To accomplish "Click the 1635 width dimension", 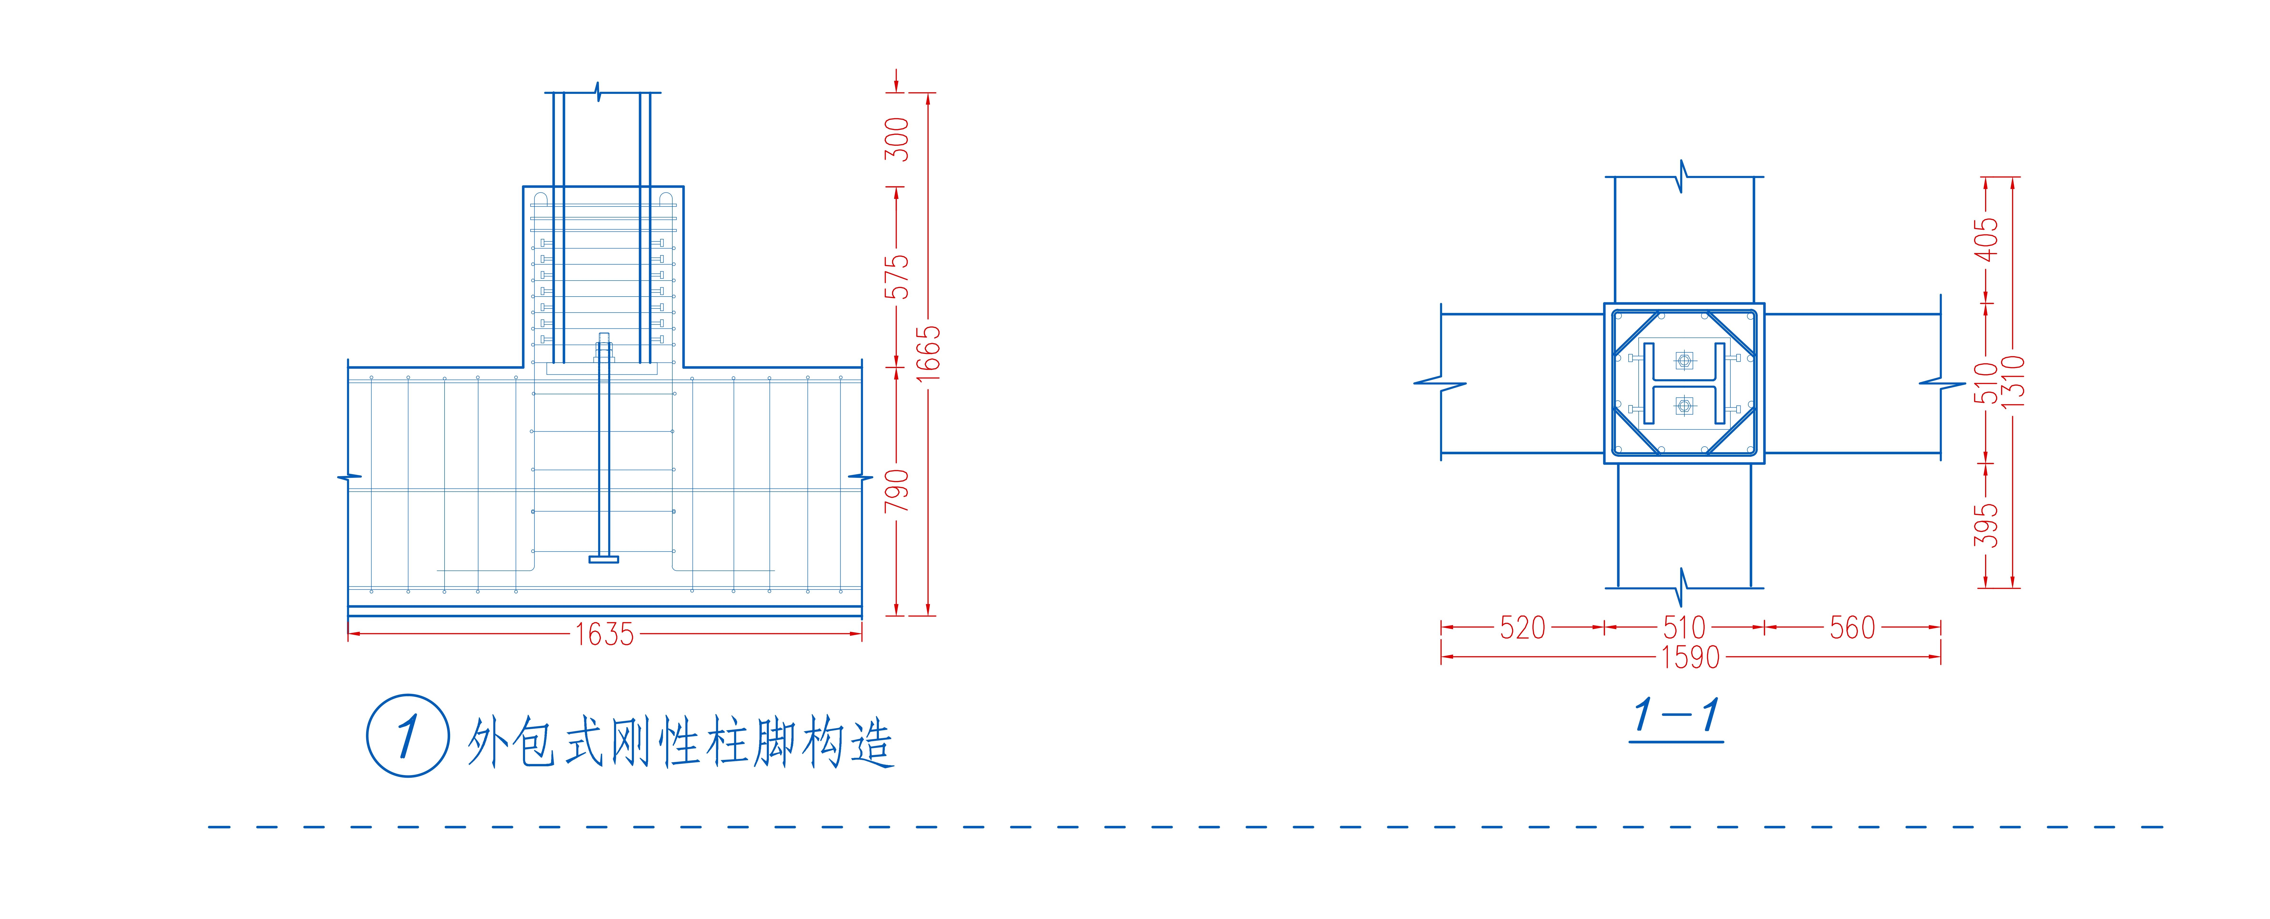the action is click(604, 634).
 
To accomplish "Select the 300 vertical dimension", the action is click(897, 139).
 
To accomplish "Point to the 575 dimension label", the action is click(897, 277).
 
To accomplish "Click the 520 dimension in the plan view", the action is click(1523, 627).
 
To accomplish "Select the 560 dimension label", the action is click(1852, 627).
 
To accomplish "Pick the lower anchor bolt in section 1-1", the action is click(1684, 406).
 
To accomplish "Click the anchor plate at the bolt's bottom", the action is click(604, 559).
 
